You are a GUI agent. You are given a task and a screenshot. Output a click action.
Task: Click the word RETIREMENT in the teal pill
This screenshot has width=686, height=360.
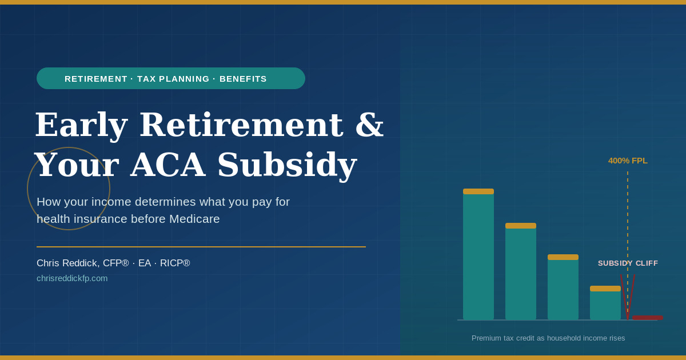96,79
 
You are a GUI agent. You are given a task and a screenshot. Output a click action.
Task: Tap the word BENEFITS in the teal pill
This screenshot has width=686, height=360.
243,79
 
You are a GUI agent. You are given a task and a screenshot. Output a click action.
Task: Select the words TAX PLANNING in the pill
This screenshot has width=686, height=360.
173,79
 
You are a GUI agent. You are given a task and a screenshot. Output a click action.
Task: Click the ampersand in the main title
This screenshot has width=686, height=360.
369,125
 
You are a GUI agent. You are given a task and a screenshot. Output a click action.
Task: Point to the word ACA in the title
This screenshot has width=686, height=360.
168,165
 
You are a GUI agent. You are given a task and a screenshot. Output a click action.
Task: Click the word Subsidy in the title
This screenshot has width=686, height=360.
287,165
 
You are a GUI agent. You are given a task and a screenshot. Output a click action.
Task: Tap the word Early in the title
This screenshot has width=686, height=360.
81,125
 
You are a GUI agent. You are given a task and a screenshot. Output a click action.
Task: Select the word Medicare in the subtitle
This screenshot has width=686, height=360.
194,219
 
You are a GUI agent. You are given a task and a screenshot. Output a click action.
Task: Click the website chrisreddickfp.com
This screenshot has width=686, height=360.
72,278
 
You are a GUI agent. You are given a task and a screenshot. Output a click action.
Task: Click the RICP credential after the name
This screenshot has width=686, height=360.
175,263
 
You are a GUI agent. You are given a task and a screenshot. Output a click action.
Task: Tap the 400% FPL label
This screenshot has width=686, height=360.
628,161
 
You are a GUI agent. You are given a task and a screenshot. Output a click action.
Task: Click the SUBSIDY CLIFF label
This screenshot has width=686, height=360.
628,263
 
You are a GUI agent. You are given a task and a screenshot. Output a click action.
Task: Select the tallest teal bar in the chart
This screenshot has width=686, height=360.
478,254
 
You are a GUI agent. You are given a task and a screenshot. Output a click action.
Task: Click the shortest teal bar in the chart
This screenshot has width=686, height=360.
605,303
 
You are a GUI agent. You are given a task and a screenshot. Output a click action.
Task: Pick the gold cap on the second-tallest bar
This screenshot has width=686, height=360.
521,226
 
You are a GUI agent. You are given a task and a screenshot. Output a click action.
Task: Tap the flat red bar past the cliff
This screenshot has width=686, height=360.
647,318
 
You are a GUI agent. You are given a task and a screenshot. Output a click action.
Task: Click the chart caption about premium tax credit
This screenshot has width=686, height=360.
548,338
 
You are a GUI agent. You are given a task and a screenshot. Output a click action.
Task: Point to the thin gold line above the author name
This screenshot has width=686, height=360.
201,247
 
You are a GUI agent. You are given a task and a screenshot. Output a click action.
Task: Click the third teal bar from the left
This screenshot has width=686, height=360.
563,287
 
